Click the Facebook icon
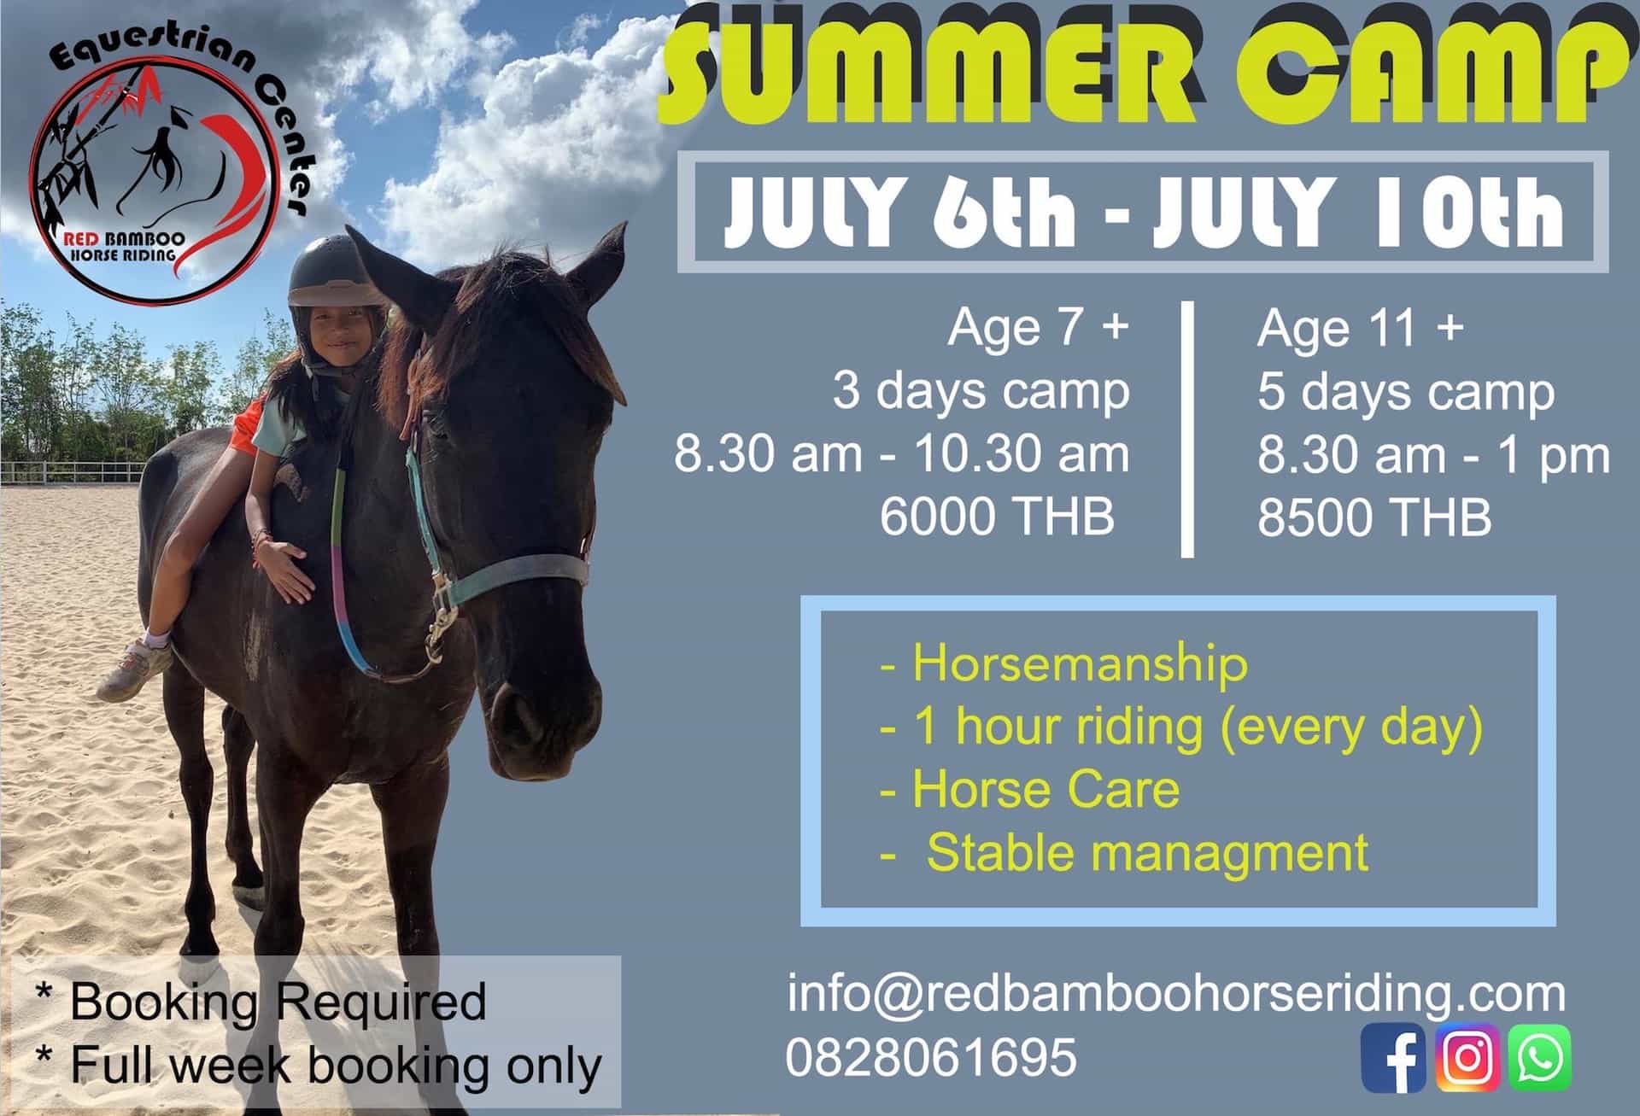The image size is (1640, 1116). [x=1393, y=1057]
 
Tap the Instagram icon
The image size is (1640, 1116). [x=1467, y=1057]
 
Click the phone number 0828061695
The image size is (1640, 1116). [x=931, y=1056]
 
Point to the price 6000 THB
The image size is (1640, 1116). [x=998, y=517]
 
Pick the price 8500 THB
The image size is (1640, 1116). [x=1374, y=517]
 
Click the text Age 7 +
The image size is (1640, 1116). [x=1039, y=328]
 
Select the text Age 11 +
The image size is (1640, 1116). [x=1361, y=328]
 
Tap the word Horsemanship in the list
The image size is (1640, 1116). [x=1080, y=663]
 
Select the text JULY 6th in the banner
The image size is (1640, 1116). [x=900, y=211]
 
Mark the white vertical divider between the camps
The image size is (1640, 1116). [x=1187, y=429]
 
